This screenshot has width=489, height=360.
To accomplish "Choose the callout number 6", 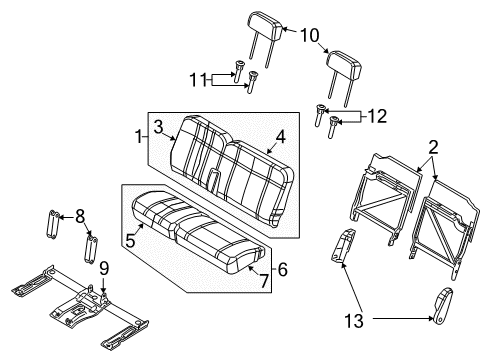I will [x=283, y=269].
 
